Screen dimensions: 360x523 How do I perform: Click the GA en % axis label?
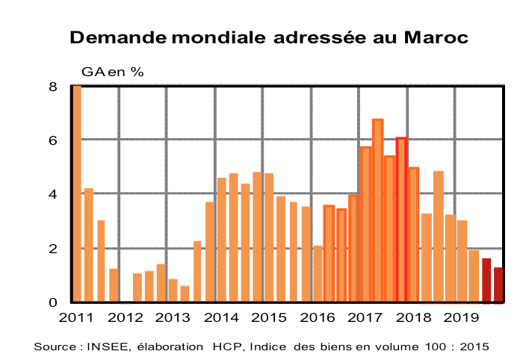pos(112,72)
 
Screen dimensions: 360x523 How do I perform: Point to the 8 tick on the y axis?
pos(53,87)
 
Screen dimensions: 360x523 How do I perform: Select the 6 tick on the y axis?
pos(53,140)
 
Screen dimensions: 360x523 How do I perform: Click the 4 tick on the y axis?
pos(53,194)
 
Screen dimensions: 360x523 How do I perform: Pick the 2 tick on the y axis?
pos(53,249)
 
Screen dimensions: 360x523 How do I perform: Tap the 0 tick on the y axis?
pos(53,302)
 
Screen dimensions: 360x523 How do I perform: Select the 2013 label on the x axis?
pos(173,317)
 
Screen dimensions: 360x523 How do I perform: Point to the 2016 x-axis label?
pos(318,317)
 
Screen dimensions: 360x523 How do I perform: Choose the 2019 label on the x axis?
pos(462,317)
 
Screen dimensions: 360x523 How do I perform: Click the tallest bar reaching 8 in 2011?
pos(76,194)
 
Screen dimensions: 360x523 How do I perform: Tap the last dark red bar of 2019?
pos(498,285)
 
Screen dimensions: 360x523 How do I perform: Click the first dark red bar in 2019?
pos(486,281)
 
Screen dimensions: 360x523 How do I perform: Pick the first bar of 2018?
pos(414,235)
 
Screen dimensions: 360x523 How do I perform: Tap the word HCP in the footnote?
pos(225,347)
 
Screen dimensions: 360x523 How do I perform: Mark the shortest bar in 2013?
pos(185,294)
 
